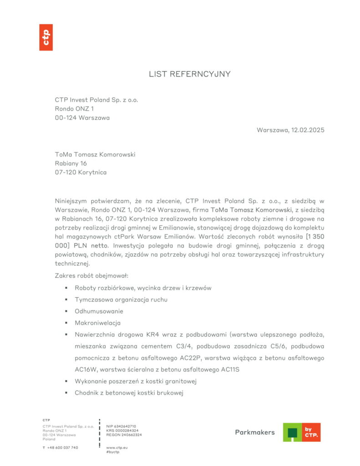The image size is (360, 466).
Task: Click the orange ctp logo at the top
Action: pos(46,37)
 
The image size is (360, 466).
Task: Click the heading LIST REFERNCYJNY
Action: pos(190,74)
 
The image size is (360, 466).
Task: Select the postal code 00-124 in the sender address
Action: pos(66,117)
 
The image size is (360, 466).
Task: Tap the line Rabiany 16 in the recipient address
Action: pos(71,163)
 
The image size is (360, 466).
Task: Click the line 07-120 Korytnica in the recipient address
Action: pos(81,172)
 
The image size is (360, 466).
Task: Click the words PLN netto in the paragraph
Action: pos(89,245)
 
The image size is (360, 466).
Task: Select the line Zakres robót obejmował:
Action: pos(92,276)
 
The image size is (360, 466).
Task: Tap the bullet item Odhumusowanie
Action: pos(99,311)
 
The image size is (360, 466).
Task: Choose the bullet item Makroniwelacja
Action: pos(97,323)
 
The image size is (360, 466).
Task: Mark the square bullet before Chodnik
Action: pos(66,393)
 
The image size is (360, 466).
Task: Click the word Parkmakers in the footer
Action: pos(255,432)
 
